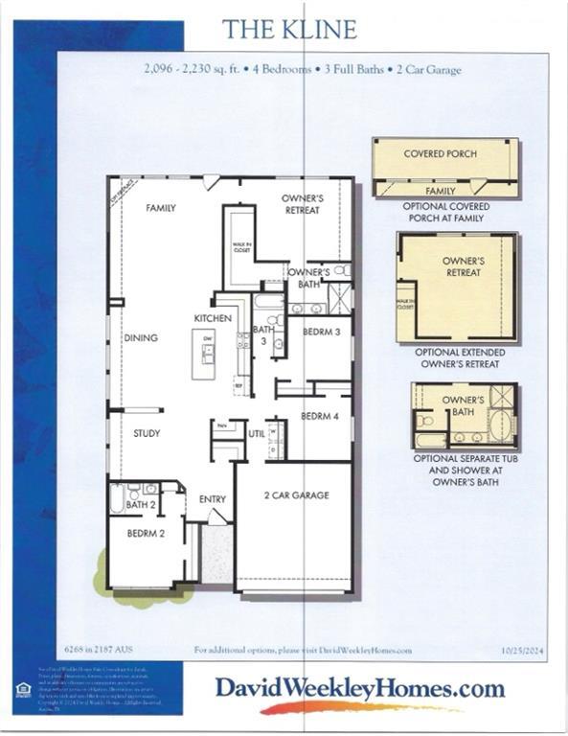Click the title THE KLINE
(289, 29)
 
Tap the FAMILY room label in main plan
(160, 208)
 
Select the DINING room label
(141, 338)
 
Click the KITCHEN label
(212, 317)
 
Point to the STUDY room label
(147, 433)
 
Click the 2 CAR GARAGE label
(296, 495)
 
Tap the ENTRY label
(212, 499)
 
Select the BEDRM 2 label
(147, 533)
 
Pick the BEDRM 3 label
(320, 332)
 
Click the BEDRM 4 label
(319, 416)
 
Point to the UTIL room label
(256, 434)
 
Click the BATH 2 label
(141, 504)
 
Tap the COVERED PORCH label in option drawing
(440, 153)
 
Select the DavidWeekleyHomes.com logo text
(359, 687)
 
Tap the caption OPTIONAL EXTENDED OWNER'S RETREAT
(460, 357)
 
